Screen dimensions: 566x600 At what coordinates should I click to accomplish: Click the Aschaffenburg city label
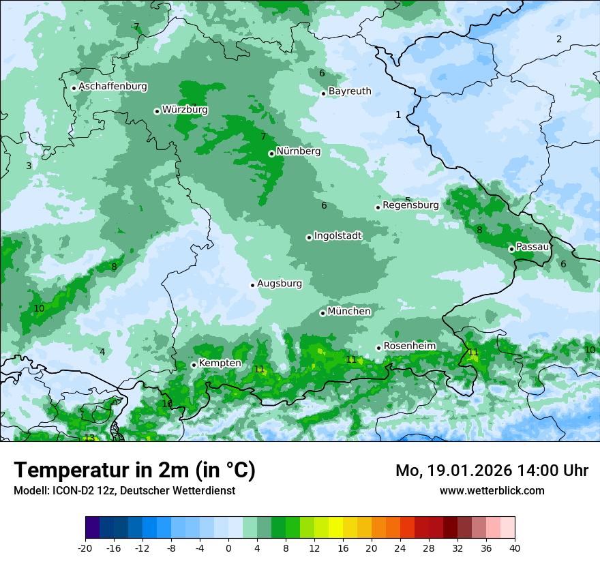click(112, 87)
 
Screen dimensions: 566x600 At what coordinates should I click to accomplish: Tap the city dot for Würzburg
click(157, 111)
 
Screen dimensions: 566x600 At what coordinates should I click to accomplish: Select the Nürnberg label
click(298, 151)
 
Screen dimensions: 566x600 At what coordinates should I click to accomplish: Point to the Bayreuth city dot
click(323, 93)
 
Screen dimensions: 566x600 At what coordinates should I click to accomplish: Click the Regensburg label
click(410, 205)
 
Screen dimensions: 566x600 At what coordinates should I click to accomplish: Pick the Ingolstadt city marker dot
click(309, 237)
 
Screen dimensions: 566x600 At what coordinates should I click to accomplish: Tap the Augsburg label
click(279, 284)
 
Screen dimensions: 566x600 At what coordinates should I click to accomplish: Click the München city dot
click(322, 313)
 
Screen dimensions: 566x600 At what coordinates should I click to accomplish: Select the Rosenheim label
click(409, 346)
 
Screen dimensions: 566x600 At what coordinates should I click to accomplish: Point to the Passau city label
click(532, 247)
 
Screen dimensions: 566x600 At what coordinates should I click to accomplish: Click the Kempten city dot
click(194, 365)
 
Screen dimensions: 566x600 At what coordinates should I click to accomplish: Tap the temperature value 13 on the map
click(89, 438)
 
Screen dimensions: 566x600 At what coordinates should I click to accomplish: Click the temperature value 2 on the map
click(559, 39)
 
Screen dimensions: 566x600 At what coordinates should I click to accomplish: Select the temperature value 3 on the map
click(29, 166)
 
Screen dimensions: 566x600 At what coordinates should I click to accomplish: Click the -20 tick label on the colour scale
click(85, 548)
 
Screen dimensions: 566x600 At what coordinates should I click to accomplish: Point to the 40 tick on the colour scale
click(514, 548)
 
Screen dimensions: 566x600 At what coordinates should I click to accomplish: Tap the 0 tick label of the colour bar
click(228, 548)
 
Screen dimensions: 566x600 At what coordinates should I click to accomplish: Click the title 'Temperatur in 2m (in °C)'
click(134, 470)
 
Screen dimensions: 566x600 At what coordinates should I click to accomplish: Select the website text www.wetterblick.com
click(492, 490)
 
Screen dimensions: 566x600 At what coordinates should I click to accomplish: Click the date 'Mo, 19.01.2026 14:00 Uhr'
click(492, 471)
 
